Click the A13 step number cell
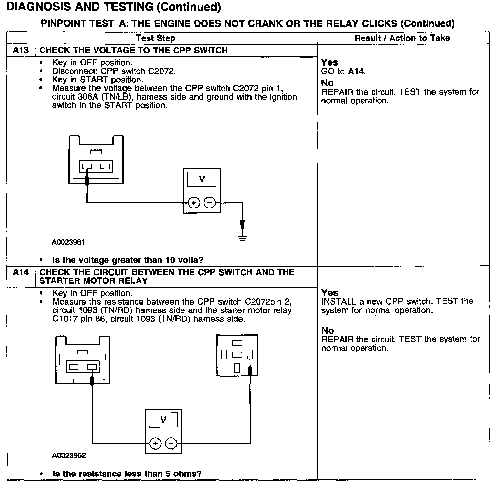coord(21,50)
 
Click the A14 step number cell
coord(21,272)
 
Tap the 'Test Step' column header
coord(156,38)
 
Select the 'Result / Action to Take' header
coord(402,38)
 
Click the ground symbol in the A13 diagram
coord(242,237)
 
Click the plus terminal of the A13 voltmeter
coord(194,203)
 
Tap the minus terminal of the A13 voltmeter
coord(210,203)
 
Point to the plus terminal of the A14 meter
coord(156,444)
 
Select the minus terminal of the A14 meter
coord(171,444)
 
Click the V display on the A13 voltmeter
coord(202,179)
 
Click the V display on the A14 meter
coord(163,420)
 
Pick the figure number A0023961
coord(68,242)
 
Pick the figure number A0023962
coord(69,455)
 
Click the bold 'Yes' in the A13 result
coord(329,62)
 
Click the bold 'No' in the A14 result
coord(328,331)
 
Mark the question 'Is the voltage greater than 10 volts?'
coord(128,260)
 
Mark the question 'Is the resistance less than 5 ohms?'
coord(127,474)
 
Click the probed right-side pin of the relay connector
coord(250,354)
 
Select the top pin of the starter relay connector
coord(237,343)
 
